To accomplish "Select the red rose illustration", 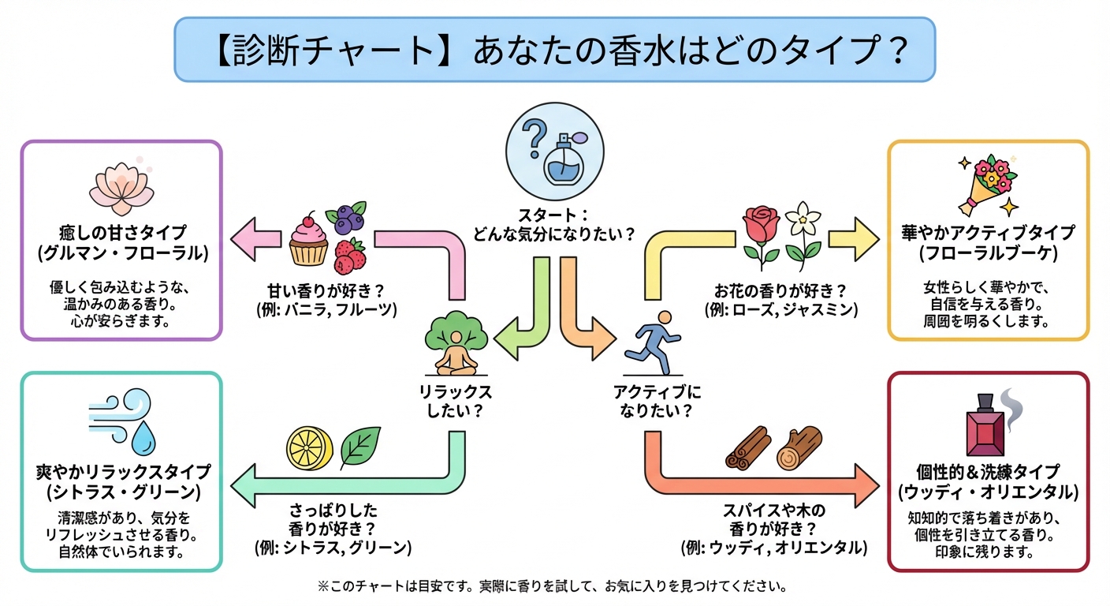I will point(762,234).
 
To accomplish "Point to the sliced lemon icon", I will point(307,449).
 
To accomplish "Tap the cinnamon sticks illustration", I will point(746,451).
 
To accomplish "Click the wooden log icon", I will point(799,449).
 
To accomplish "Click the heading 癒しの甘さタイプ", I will point(122,233).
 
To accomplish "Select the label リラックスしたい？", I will point(456,401).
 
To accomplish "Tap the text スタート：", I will point(553,215).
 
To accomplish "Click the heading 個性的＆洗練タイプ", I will point(988,471).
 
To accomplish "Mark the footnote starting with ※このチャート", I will point(552,587).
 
